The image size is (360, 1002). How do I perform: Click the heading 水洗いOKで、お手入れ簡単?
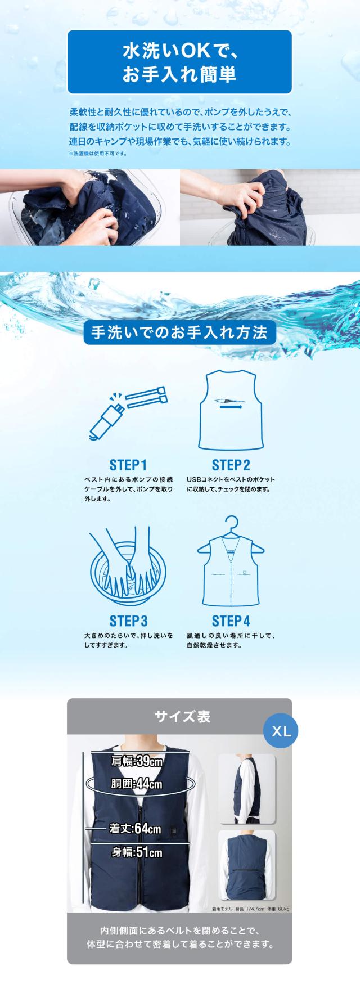click(x=179, y=62)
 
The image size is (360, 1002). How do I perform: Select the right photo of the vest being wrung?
click(x=270, y=207)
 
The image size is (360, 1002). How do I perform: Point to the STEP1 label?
click(x=128, y=465)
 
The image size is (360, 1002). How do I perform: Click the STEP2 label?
click(x=231, y=465)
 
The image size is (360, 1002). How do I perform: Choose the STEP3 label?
click(x=128, y=621)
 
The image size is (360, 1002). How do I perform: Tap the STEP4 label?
click(x=231, y=621)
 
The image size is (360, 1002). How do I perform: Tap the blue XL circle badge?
click(x=281, y=731)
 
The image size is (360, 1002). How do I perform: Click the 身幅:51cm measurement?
click(x=137, y=852)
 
